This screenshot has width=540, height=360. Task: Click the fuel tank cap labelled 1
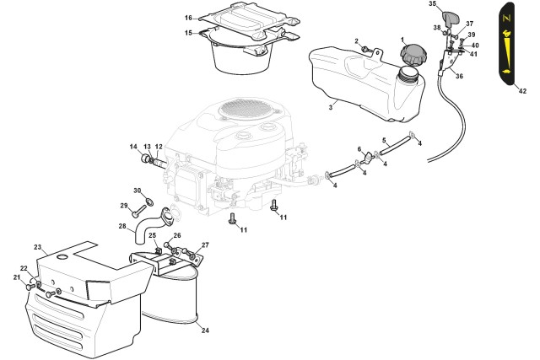click(413, 55)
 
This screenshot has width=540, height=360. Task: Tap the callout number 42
click(522, 91)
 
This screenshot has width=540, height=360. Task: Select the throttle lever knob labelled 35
click(449, 17)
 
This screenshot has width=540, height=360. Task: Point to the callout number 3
click(331, 107)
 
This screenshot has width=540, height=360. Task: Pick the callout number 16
click(188, 18)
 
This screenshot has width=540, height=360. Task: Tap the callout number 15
click(188, 33)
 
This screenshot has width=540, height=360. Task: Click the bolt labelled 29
click(138, 212)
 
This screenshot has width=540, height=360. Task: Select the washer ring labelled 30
click(149, 201)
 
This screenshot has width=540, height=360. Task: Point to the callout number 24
click(205, 330)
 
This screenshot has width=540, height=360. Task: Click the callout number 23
click(37, 247)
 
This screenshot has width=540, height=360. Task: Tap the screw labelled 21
click(30, 287)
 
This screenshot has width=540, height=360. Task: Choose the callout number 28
click(122, 226)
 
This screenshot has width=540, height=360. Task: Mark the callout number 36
click(459, 76)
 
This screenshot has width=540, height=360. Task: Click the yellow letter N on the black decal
click(506, 19)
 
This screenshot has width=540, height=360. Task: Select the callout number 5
click(384, 140)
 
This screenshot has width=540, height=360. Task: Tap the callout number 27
click(205, 245)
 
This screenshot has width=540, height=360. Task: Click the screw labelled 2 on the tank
click(365, 49)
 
